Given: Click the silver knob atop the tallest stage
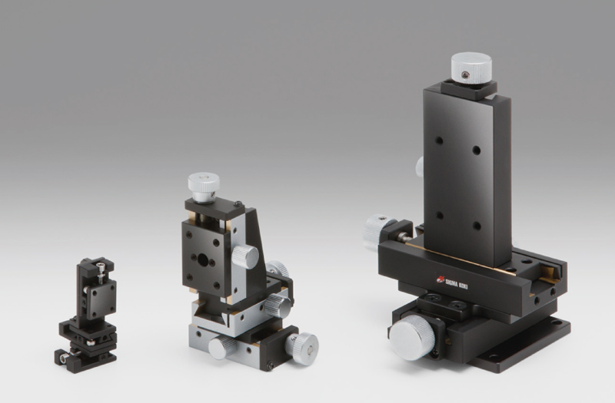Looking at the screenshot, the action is pyautogui.click(x=471, y=68).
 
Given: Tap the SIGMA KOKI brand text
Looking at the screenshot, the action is pyautogui.click(x=457, y=283).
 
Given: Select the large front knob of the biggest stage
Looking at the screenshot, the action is pyautogui.click(x=412, y=338).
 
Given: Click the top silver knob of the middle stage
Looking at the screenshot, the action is pyautogui.click(x=204, y=187).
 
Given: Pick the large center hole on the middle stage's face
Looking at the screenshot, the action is pyautogui.click(x=203, y=259).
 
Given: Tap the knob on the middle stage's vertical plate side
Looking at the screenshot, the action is pyautogui.click(x=245, y=256).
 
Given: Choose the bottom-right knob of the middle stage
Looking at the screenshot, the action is pyautogui.click(x=302, y=348).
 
